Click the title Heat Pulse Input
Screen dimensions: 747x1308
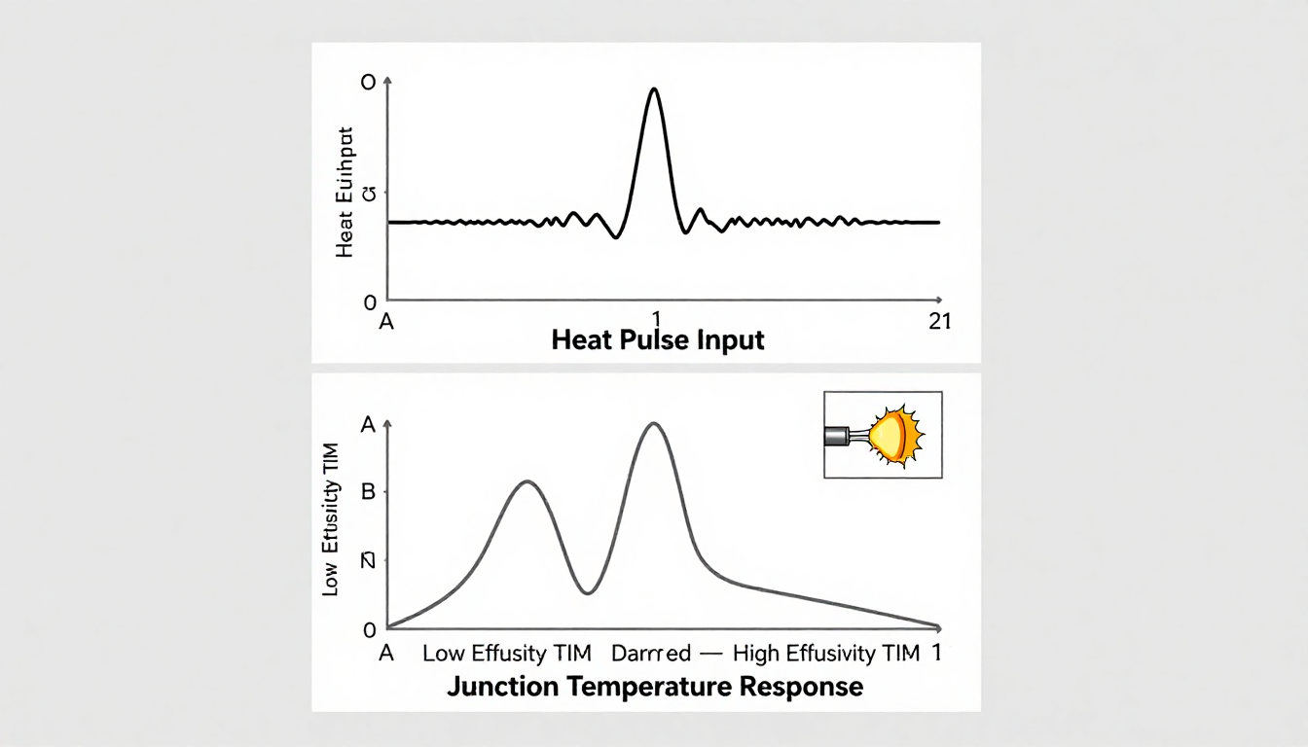pos(657,340)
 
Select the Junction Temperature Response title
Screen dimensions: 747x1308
pos(655,686)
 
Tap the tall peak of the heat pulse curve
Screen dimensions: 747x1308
pos(653,90)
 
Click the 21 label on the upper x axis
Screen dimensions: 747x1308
pos(939,322)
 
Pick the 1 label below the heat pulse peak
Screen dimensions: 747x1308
pos(656,318)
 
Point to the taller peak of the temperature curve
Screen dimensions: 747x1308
pos(653,424)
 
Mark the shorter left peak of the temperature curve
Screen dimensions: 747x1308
pos(527,481)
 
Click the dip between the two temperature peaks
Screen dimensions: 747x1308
pos(587,591)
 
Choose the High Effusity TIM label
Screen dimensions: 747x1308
pos(825,653)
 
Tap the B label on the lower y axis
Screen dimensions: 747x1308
pos(368,492)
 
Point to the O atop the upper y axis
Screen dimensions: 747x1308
pos(368,83)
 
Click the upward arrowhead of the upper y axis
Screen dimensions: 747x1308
pos(388,79)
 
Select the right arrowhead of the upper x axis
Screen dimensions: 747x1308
pos(938,300)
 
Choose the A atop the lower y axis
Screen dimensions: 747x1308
pos(368,424)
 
